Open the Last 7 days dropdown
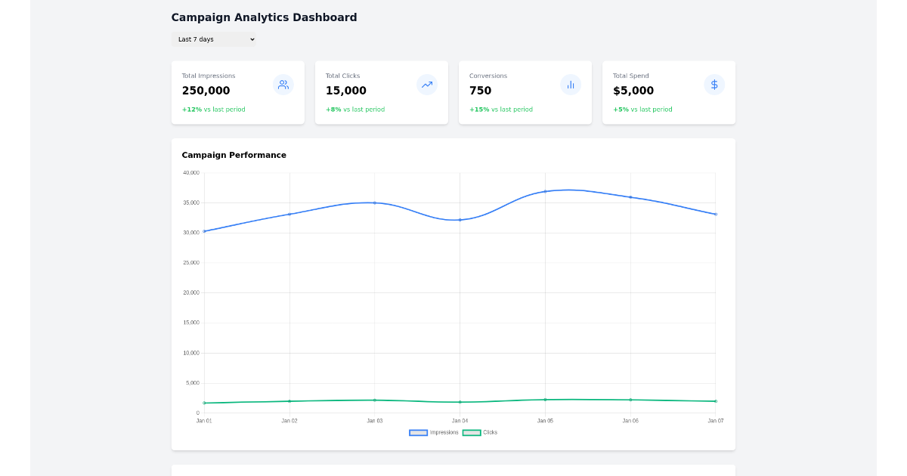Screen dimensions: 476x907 click(213, 39)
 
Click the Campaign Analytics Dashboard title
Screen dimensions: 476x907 click(264, 17)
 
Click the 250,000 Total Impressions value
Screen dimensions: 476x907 click(206, 91)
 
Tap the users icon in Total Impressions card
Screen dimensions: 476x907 click(283, 85)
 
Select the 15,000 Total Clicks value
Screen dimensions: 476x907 click(345, 91)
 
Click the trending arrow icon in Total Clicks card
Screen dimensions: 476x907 click(427, 85)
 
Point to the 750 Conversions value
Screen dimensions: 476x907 click(480, 91)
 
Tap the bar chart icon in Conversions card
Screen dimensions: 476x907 click(571, 85)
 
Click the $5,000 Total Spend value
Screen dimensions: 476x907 click(633, 91)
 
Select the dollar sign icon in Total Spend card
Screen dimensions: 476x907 click(714, 85)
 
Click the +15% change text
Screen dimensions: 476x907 click(479, 110)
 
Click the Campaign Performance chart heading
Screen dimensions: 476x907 click(234, 155)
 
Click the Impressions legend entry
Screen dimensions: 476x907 click(434, 432)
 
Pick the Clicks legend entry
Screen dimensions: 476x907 click(481, 432)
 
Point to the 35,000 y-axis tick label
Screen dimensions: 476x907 click(190, 202)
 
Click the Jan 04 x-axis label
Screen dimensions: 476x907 click(460, 420)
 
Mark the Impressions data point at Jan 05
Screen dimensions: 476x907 click(545, 191)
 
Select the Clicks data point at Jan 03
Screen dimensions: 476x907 click(374, 400)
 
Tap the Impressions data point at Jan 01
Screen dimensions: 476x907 click(204, 231)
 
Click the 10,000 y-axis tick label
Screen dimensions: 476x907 click(190, 353)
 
